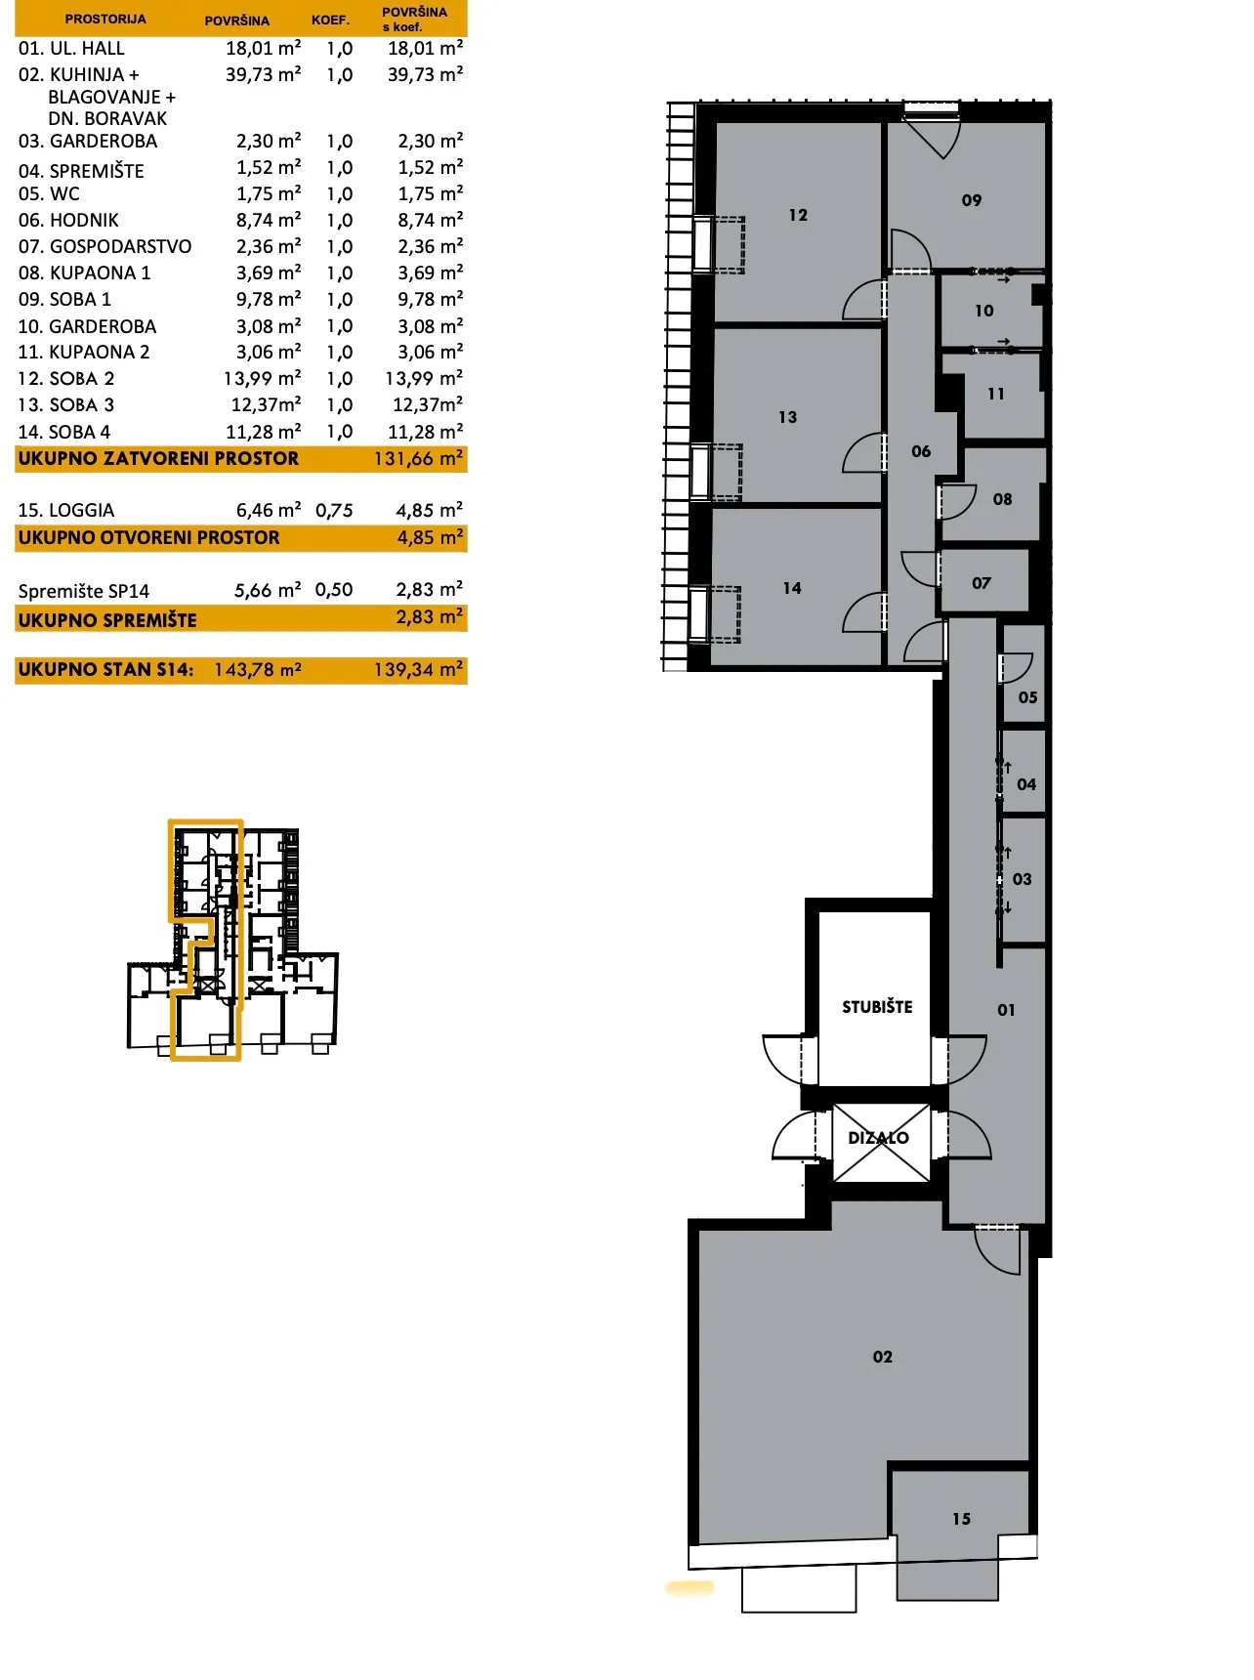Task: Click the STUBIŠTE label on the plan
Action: click(x=877, y=1007)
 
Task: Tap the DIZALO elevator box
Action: click(x=881, y=1142)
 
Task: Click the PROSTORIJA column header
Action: click(x=105, y=20)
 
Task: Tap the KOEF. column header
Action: click(x=330, y=21)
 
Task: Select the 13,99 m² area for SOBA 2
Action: click(x=262, y=379)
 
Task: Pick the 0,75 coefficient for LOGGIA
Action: click(x=334, y=511)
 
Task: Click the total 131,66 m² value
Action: click(x=418, y=458)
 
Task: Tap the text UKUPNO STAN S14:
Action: click(x=105, y=670)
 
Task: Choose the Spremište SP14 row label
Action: click(x=84, y=592)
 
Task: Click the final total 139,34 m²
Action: click(x=418, y=670)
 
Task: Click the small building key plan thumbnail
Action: click(x=232, y=940)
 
